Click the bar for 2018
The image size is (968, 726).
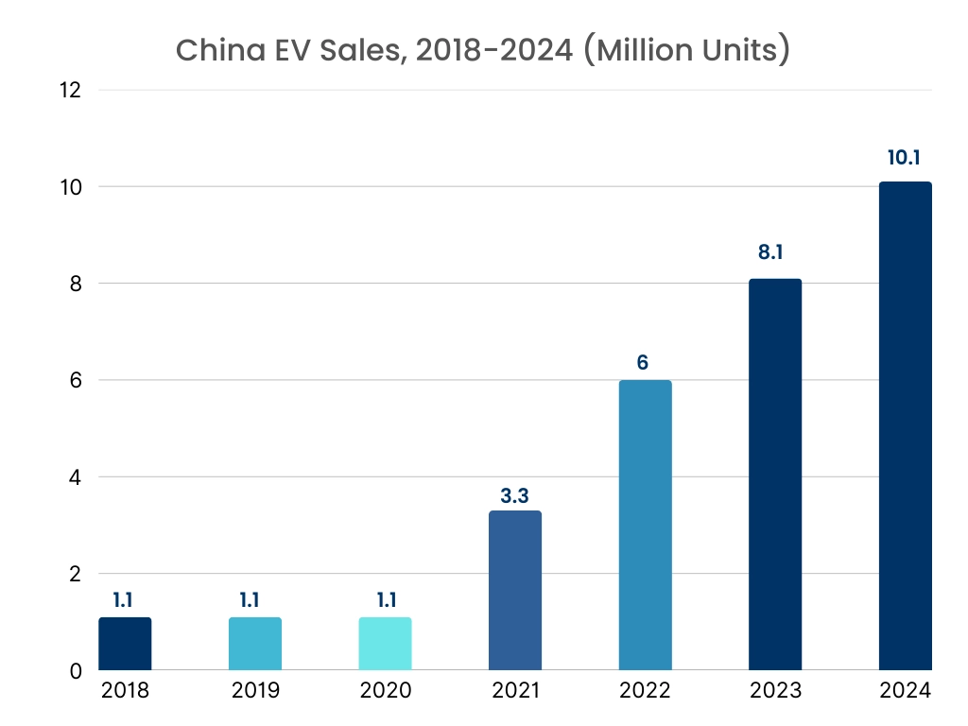click(125, 644)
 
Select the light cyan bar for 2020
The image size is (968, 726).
click(385, 644)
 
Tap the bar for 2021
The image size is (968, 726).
click(515, 591)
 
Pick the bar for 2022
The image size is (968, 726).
click(645, 526)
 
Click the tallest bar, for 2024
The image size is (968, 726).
click(905, 426)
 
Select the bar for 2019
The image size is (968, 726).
click(255, 644)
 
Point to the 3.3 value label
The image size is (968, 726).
click(515, 494)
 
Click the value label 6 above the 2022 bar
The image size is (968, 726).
click(643, 362)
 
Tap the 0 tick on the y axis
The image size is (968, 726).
click(77, 671)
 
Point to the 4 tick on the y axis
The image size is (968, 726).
click(76, 477)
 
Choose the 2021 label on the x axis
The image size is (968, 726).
click(515, 691)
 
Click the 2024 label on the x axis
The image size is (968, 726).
click(905, 691)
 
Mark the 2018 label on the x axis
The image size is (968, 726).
click(125, 691)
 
